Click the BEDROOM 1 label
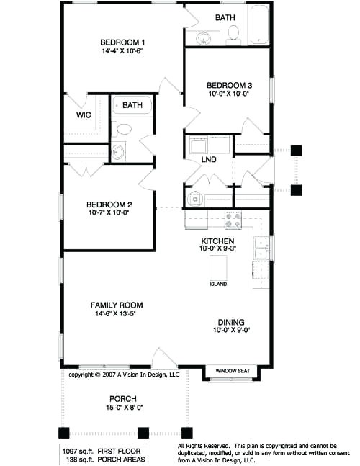(x=122, y=42)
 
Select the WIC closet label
(x=84, y=115)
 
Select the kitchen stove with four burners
(x=233, y=219)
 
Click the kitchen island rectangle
(x=218, y=268)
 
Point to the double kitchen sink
(x=261, y=248)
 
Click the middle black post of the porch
(x=143, y=433)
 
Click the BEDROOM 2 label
(x=107, y=204)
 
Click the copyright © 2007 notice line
(x=123, y=375)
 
